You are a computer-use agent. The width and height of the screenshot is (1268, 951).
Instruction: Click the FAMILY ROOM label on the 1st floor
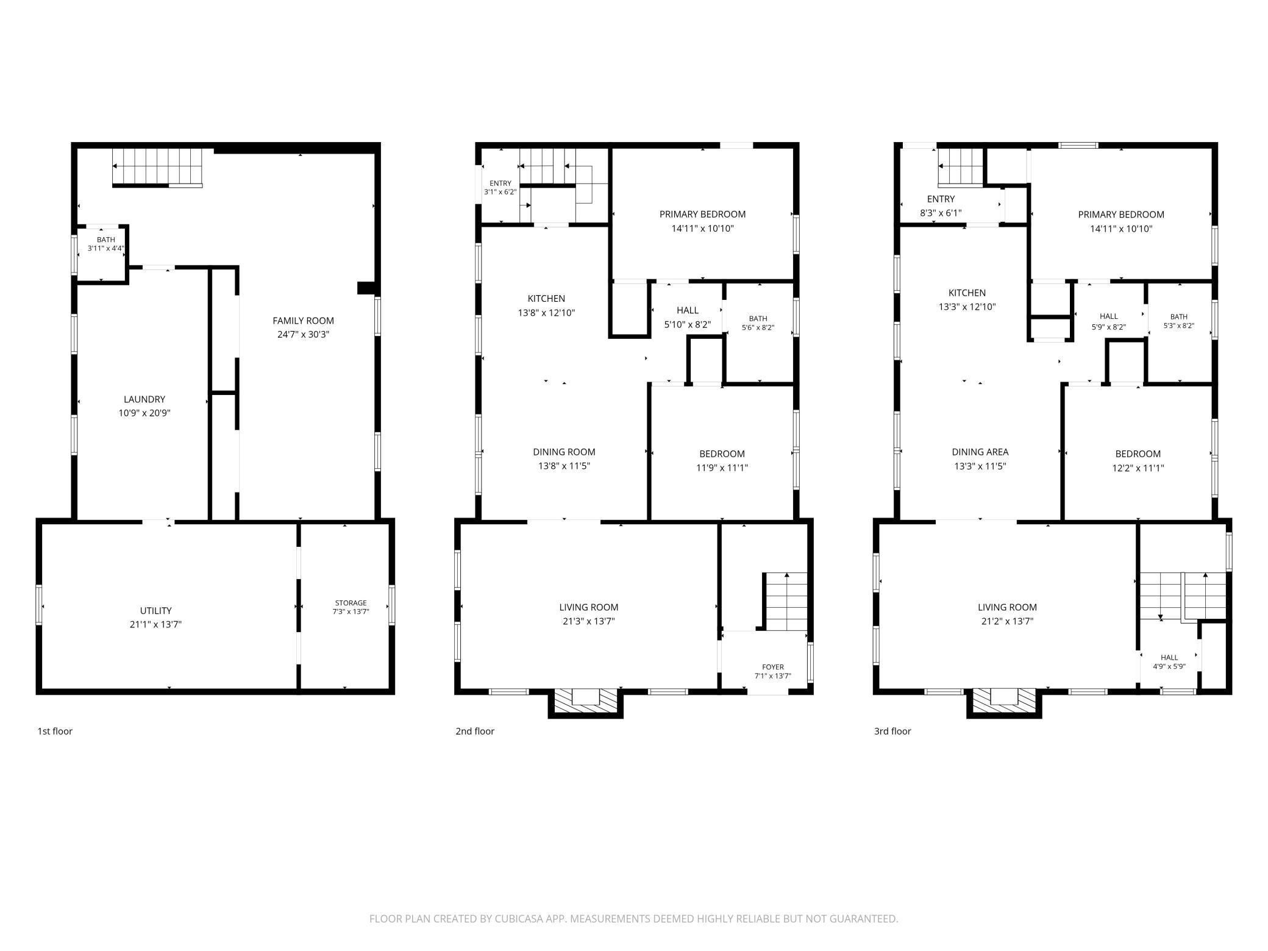point(303,321)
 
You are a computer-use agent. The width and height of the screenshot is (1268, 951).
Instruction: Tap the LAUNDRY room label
point(144,399)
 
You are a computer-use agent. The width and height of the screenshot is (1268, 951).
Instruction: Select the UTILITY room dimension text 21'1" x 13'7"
point(156,624)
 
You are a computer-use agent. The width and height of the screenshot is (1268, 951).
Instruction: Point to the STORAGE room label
point(351,603)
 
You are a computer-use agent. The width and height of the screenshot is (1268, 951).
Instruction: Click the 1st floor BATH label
point(105,240)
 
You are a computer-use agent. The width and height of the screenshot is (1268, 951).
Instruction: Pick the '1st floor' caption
point(55,732)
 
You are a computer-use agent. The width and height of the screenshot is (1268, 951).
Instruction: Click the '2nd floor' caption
point(475,732)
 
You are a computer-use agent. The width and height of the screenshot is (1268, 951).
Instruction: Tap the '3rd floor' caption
point(892,732)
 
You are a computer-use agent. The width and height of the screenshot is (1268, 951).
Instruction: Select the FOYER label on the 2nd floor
point(773,667)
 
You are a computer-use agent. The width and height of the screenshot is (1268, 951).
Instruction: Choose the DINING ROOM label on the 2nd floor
point(564,452)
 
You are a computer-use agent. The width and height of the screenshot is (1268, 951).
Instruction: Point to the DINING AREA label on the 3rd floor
point(980,452)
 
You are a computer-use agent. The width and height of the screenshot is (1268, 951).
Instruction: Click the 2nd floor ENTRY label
point(500,183)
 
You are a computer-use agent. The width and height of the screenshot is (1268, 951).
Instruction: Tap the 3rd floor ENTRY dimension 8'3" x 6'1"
point(941,213)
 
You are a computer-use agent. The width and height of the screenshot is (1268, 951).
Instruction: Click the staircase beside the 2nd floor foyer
point(785,601)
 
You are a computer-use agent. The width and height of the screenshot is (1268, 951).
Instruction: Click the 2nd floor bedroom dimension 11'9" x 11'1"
point(722,468)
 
